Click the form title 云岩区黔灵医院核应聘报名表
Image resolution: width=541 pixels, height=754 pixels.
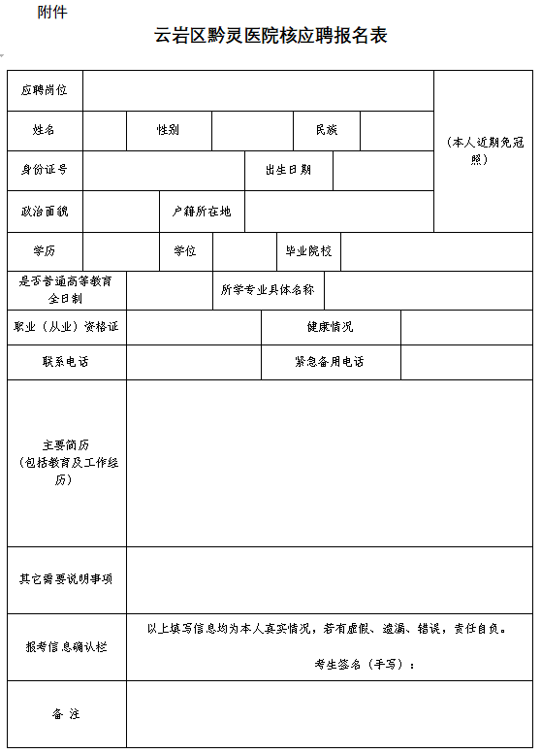pyautogui.click(x=271, y=37)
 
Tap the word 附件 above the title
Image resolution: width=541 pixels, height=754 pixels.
pyautogui.click(x=52, y=12)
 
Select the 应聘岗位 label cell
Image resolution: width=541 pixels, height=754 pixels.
pyautogui.click(x=45, y=90)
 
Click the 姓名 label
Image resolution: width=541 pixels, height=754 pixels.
pyautogui.click(x=45, y=130)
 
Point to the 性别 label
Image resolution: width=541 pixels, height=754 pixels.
pyautogui.click(x=169, y=130)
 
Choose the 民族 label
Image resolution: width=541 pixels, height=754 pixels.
pyautogui.click(x=327, y=130)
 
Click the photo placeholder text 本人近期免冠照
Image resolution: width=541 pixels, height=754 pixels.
pyautogui.click(x=485, y=150)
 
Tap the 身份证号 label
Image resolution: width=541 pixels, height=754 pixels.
pyautogui.click(x=45, y=170)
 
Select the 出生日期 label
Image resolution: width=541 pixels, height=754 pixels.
pyautogui.click(x=288, y=170)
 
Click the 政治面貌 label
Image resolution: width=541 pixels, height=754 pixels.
pyautogui.click(x=45, y=211)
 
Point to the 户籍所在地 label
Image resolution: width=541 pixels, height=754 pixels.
pyautogui.click(x=202, y=211)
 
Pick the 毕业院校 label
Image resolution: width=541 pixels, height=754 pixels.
pyautogui.click(x=307, y=251)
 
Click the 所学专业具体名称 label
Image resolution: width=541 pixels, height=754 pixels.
pyautogui.click(x=267, y=289)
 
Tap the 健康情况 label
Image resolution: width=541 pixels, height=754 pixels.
pyautogui.click(x=330, y=327)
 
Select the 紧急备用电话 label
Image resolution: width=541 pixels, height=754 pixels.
pyautogui.click(x=330, y=362)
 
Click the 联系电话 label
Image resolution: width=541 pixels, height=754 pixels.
pyautogui.click(x=66, y=362)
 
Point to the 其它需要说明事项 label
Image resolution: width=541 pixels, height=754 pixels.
pyautogui.click(x=66, y=579)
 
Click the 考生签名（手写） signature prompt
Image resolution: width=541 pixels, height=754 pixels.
pyautogui.click(x=366, y=664)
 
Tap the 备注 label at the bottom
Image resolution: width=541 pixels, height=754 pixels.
pyautogui.click(x=66, y=714)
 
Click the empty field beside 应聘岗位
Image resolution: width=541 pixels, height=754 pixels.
pyautogui.click(x=258, y=90)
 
